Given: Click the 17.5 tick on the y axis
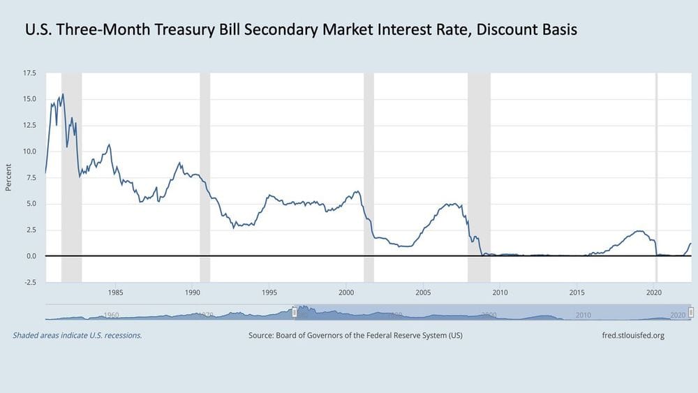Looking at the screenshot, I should [x=30, y=73].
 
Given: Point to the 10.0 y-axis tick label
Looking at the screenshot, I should [x=30, y=151].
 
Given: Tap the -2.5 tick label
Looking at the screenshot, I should [x=30, y=283].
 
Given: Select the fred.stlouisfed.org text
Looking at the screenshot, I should [x=632, y=336].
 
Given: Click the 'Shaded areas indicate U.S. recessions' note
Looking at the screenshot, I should [x=77, y=336].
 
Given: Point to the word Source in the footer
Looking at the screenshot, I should [x=262, y=336].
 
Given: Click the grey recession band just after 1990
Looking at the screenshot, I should [x=205, y=175].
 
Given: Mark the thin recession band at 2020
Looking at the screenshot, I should [x=656, y=175].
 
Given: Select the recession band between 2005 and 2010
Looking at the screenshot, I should [x=479, y=175].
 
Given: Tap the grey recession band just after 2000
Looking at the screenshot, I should [x=369, y=175].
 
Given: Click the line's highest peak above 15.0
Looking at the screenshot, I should [x=63, y=94].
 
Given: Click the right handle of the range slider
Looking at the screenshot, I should [x=691, y=312].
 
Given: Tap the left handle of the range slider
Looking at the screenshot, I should [x=295, y=312].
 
